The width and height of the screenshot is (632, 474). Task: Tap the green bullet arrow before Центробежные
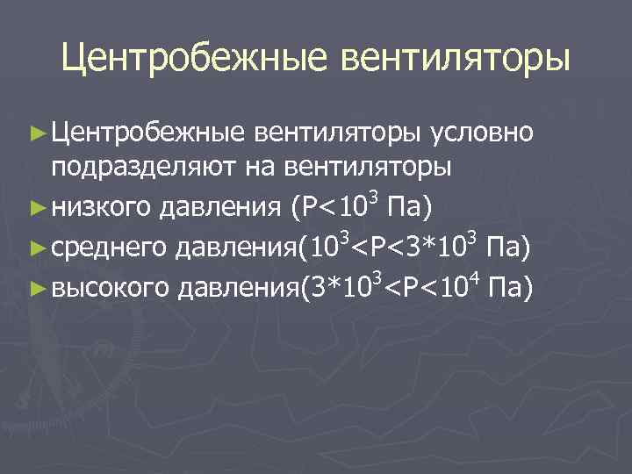(x=37, y=134)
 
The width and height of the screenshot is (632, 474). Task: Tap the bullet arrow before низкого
(x=37, y=211)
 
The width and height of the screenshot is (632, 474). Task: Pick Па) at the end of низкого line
(x=412, y=210)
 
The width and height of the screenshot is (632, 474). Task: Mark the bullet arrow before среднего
(x=37, y=248)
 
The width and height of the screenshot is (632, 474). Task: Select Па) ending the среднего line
(x=507, y=248)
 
